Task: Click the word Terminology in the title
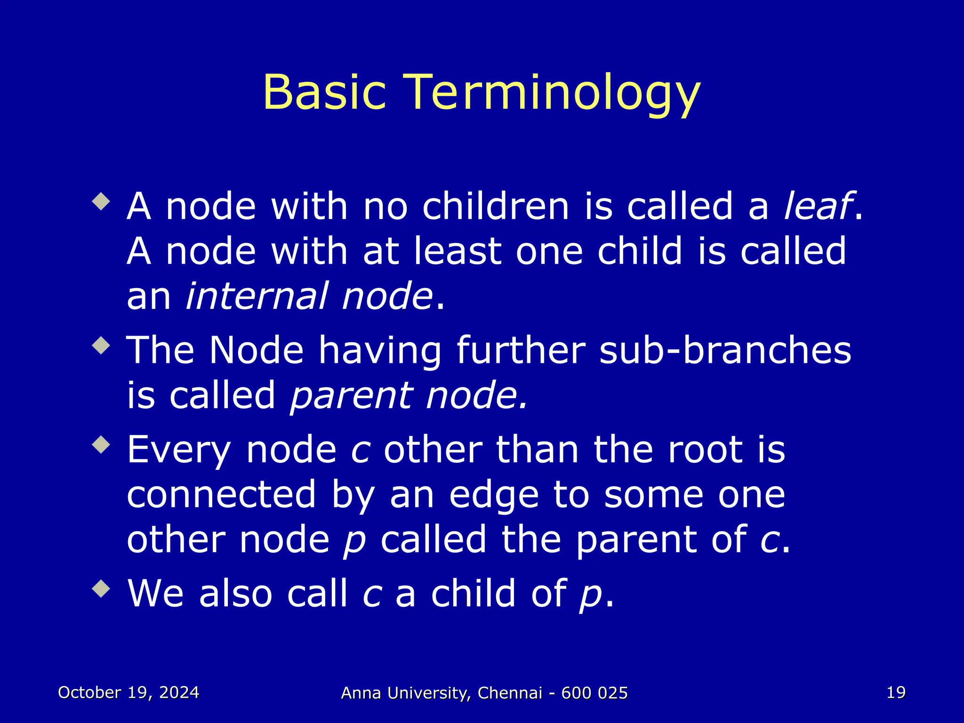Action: pyautogui.click(x=553, y=93)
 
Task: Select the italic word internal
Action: pyautogui.click(x=256, y=296)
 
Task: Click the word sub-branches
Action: pyautogui.click(x=725, y=351)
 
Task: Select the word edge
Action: pyautogui.click(x=494, y=495)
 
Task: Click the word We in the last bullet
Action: pyautogui.click(x=155, y=594)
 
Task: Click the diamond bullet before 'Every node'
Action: pyautogui.click(x=101, y=444)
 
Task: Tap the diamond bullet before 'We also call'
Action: pyautogui.click(x=101, y=588)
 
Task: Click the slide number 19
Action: pyautogui.click(x=896, y=692)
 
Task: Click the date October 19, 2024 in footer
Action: pyautogui.click(x=129, y=692)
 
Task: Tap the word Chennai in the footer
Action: pyautogui.click(x=510, y=693)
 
